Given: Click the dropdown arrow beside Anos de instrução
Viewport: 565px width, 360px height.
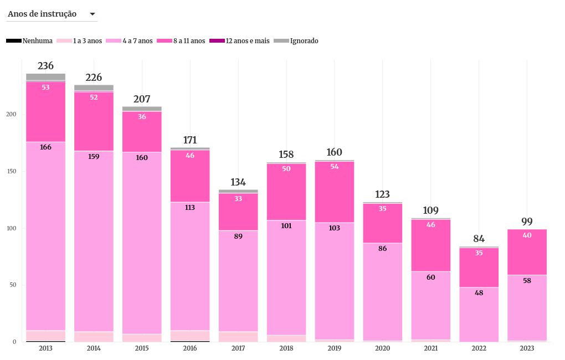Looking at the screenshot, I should coord(92,14).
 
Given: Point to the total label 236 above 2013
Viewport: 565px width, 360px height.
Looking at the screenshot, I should coord(45,66).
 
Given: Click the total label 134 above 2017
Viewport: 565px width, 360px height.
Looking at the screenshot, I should coord(238,182).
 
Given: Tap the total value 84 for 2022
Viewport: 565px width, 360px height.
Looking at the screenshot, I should coord(479,239).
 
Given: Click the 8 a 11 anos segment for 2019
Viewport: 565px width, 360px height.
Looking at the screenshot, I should coord(335,194).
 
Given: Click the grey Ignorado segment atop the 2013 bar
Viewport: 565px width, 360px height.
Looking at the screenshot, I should coord(45,77).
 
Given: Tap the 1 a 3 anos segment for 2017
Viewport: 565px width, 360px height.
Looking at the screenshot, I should coord(238,337).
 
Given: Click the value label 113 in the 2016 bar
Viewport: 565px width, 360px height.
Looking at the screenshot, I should coord(190,208).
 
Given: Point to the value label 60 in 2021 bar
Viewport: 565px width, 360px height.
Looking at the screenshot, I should coord(431,277).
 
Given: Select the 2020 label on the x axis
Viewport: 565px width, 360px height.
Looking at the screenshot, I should coord(383,348).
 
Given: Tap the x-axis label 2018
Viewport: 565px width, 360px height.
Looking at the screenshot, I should coord(286,348).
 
